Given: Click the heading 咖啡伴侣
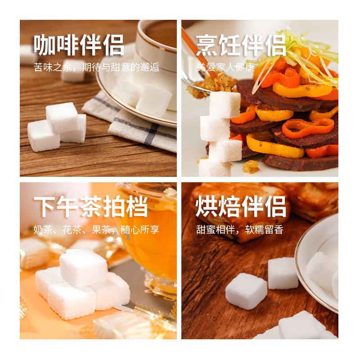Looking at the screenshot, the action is point(79,45).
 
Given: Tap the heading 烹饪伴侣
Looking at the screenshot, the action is point(241,45).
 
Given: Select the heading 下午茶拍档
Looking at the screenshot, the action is point(91,207).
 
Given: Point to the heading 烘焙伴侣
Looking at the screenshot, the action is point(241,207).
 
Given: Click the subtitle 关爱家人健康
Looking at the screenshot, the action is point(225,67).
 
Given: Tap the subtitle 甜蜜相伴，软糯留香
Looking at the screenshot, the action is point(240,229).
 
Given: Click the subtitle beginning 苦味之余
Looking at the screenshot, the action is point(96,67).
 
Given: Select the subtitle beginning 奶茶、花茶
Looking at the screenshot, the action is point(96,229).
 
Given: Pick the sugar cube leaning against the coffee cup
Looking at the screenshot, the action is point(153,100).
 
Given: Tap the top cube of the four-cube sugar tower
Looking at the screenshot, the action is point(225,105).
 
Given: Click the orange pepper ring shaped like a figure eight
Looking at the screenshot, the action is point(308,127).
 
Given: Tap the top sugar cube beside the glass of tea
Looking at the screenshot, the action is point(83,267).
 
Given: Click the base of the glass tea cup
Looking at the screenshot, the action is point(160,286).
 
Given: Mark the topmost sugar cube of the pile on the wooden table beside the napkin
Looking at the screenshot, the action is point(62,117).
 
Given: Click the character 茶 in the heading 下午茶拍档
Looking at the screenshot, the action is point(91,207).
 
